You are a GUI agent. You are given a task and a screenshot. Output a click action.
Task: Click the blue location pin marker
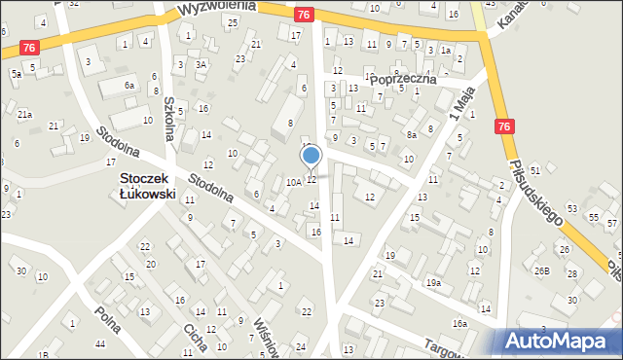point(311,156)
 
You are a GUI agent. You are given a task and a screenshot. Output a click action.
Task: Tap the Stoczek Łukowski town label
point(147,186)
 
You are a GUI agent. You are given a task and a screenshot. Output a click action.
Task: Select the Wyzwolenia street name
point(217,7)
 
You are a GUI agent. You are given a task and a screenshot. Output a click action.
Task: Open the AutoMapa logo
point(560,341)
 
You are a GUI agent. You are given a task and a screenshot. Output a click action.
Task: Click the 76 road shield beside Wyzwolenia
point(304,14)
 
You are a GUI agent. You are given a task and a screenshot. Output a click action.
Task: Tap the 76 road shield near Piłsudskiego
point(503,126)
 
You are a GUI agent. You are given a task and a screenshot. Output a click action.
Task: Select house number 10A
point(293,182)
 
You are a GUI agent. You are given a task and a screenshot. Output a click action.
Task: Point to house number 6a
point(129,86)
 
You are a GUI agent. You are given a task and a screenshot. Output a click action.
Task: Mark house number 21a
point(24,114)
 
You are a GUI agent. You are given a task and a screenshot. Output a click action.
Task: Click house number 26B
point(541,271)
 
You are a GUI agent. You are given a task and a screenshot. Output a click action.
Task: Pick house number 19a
point(432,283)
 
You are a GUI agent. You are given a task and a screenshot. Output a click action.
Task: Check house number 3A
point(201,64)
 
